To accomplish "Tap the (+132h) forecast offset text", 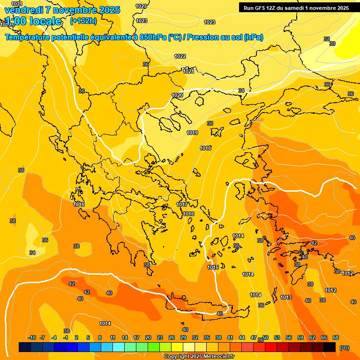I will [x=83, y=21].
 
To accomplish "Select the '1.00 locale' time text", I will [x=33, y=21].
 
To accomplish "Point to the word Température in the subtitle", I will [x=27, y=37].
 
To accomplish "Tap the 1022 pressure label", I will [x=180, y=56].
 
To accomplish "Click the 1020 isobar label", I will [x=177, y=95].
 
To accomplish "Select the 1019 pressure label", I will [x=192, y=133].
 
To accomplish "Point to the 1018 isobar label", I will [x=205, y=148].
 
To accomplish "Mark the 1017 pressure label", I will [x=182, y=204].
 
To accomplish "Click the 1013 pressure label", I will [x=286, y=298].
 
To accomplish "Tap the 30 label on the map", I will [x=332, y=44].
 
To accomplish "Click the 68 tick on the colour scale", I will [x=336, y=337].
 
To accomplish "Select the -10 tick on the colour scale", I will [x=32, y=337].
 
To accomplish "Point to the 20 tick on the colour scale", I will [x=148, y=337].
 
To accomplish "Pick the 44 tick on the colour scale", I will [x=242, y=337].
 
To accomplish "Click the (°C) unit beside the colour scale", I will [x=344, y=348].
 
